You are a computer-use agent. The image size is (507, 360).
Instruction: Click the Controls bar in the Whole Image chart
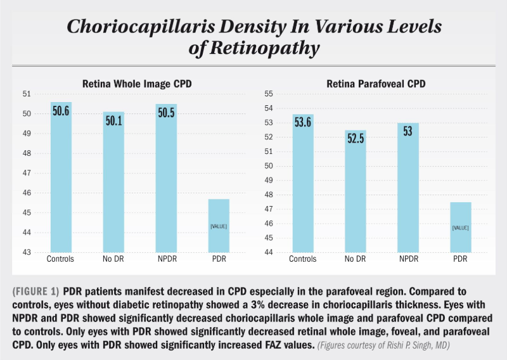61,177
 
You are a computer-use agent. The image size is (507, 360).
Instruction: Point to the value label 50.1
113,121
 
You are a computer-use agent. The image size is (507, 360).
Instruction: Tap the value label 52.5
356,140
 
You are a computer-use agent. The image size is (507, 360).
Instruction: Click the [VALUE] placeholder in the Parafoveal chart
460,228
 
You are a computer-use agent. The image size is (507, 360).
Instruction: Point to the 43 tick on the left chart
26,252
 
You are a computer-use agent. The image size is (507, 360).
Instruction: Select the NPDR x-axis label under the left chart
166,259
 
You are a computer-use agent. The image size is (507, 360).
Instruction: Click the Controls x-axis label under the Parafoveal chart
303,259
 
